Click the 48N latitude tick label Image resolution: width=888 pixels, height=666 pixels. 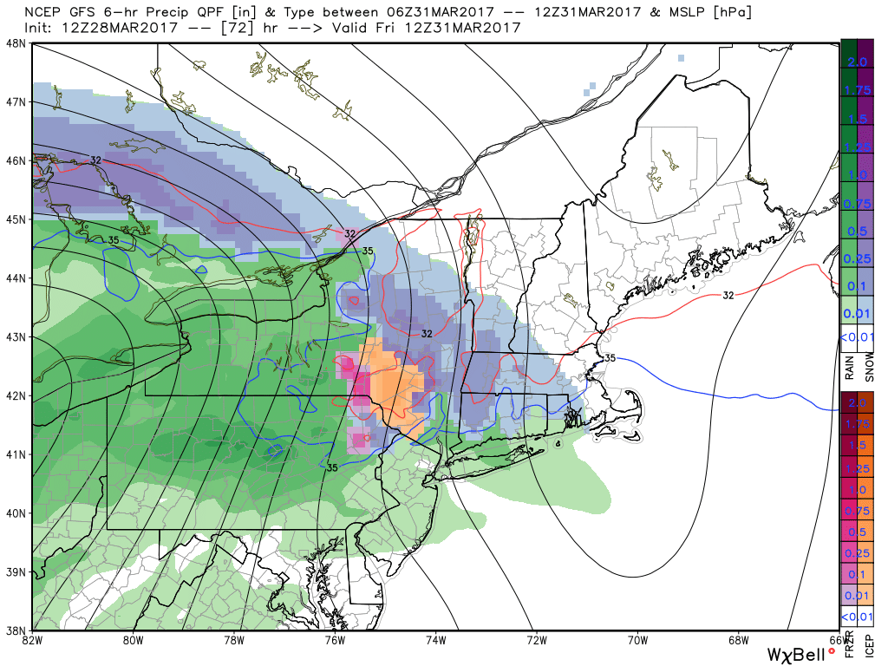[x=15, y=42]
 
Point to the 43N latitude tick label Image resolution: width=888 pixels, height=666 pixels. [x=15, y=336]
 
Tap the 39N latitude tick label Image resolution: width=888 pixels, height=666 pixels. [x=15, y=572]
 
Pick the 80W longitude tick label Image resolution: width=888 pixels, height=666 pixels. [x=133, y=641]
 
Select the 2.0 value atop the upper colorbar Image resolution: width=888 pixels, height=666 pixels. [x=857, y=62]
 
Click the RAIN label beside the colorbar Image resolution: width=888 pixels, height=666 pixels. [x=849, y=369]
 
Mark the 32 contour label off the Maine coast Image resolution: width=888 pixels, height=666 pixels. [x=728, y=296]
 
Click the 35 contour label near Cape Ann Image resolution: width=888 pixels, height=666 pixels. [x=610, y=357]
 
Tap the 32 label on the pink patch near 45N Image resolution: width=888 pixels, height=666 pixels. [x=349, y=233]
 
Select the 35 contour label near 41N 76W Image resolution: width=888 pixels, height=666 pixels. [x=331, y=467]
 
